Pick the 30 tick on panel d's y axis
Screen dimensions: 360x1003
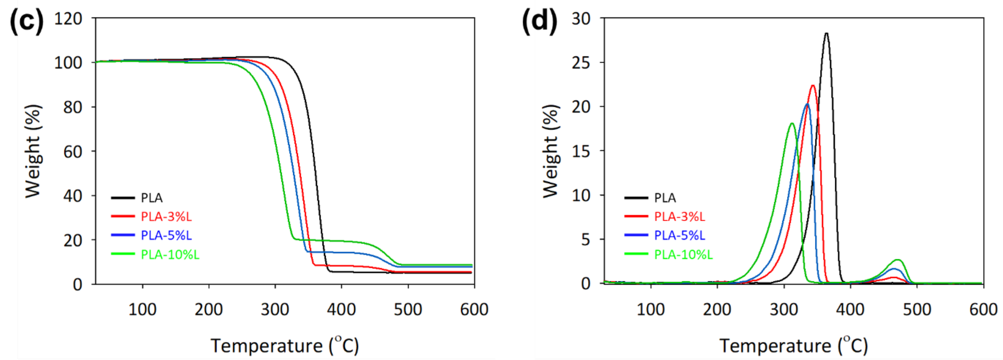point(581,18)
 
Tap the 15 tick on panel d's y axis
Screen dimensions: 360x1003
point(581,151)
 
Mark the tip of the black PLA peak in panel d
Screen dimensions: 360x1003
point(826,34)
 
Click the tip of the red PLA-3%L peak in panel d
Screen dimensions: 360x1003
point(813,86)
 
